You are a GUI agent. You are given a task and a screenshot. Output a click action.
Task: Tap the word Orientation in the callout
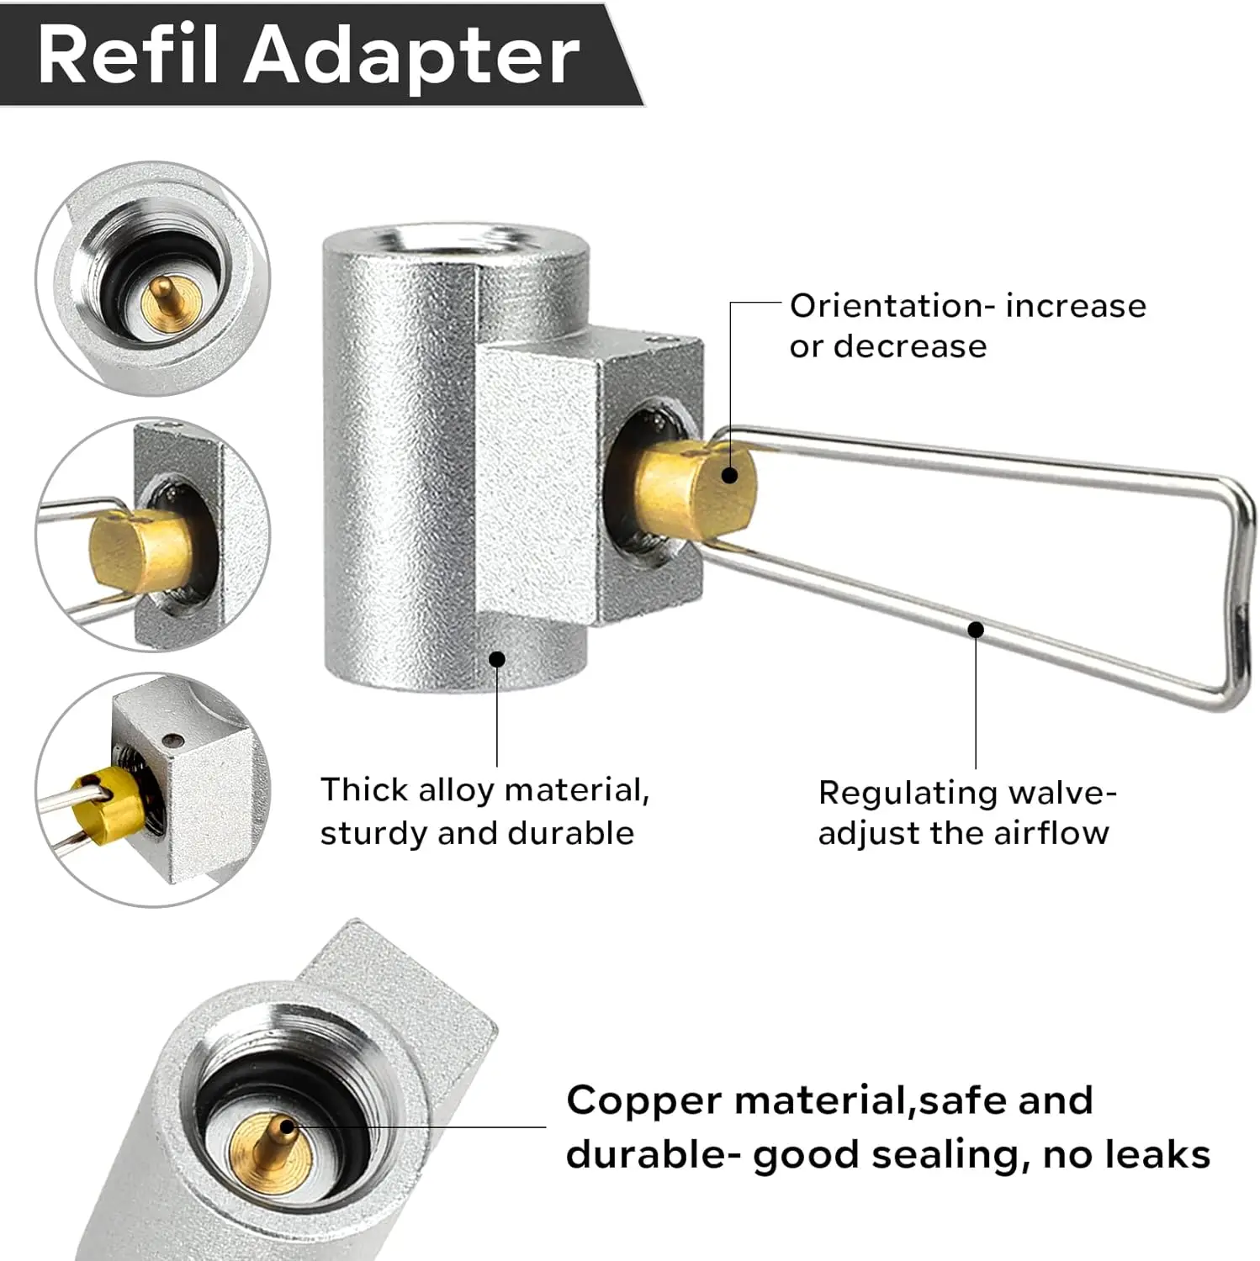(875, 306)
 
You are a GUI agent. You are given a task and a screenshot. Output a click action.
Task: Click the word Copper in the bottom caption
(643, 1100)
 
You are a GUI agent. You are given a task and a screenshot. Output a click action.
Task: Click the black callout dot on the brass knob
(730, 475)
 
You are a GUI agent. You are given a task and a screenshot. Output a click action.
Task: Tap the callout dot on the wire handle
(976, 629)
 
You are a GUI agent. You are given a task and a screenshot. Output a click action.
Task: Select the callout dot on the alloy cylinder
(497, 659)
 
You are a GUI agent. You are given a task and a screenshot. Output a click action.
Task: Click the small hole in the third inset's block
(174, 741)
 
